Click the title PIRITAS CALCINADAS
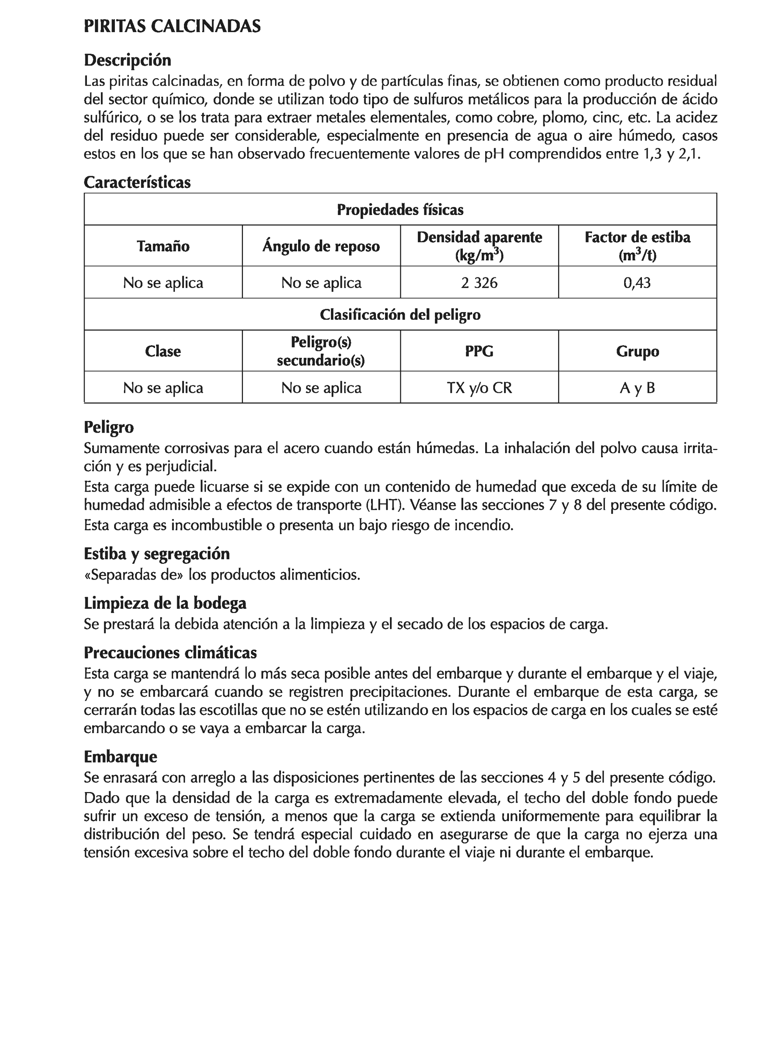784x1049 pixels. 172,26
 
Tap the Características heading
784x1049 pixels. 137,182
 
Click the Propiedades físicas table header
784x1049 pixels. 400,210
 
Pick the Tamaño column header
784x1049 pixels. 163,246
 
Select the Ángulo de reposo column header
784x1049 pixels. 321,246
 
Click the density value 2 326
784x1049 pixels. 479,283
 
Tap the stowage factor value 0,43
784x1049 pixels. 637,283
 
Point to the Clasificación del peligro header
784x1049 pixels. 400,314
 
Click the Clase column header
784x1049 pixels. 163,351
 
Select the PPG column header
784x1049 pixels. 479,351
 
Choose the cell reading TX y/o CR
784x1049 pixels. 479,387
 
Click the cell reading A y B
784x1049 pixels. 637,387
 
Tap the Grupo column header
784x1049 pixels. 637,351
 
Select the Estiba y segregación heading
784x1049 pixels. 156,554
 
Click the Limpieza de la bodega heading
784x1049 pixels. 165,603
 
